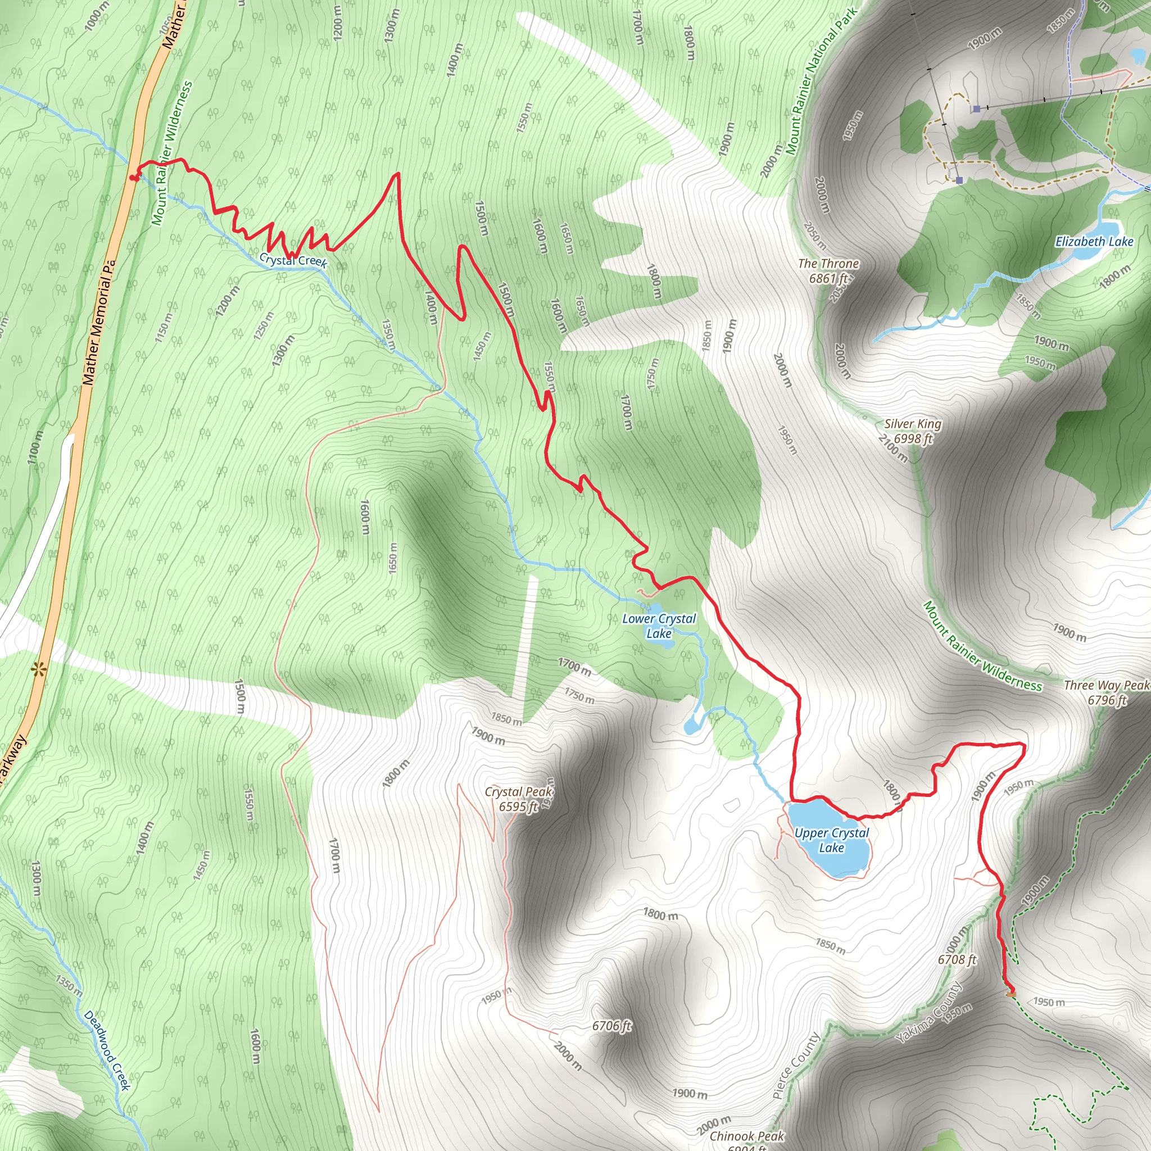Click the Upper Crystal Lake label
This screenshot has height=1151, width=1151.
(x=832, y=841)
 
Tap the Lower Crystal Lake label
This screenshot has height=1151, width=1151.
(x=659, y=626)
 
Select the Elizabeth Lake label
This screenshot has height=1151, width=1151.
(x=1094, y=241)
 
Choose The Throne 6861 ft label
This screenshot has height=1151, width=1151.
(x=828, y=270)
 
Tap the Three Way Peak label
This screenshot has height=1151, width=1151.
(x=1106, y=693)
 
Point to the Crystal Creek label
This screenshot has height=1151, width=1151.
(x=293, y=260)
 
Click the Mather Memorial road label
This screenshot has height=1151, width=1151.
(x=98, y=321)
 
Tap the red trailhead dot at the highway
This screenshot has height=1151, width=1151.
(x=132, y=178)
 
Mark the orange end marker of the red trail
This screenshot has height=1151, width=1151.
(x=1010, y=993)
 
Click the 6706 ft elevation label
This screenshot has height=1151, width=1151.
(x=611, y=1025)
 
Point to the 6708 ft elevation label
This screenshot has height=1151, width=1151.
(x=957, y=959)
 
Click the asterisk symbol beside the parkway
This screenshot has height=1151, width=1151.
(x=39, y=669)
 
